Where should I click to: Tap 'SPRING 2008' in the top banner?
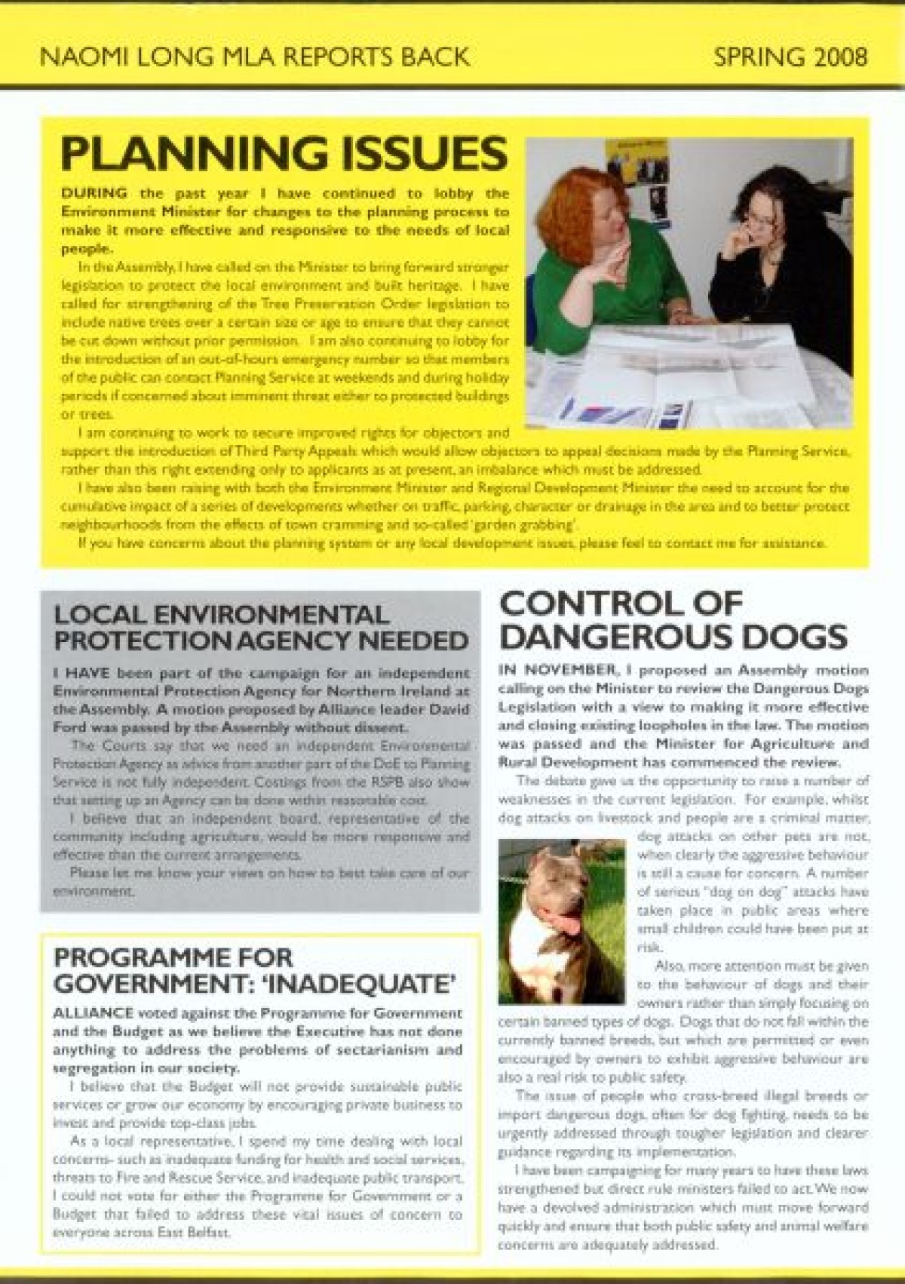pos(790,57)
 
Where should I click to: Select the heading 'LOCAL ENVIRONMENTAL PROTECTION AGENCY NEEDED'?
pos(261,628)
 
